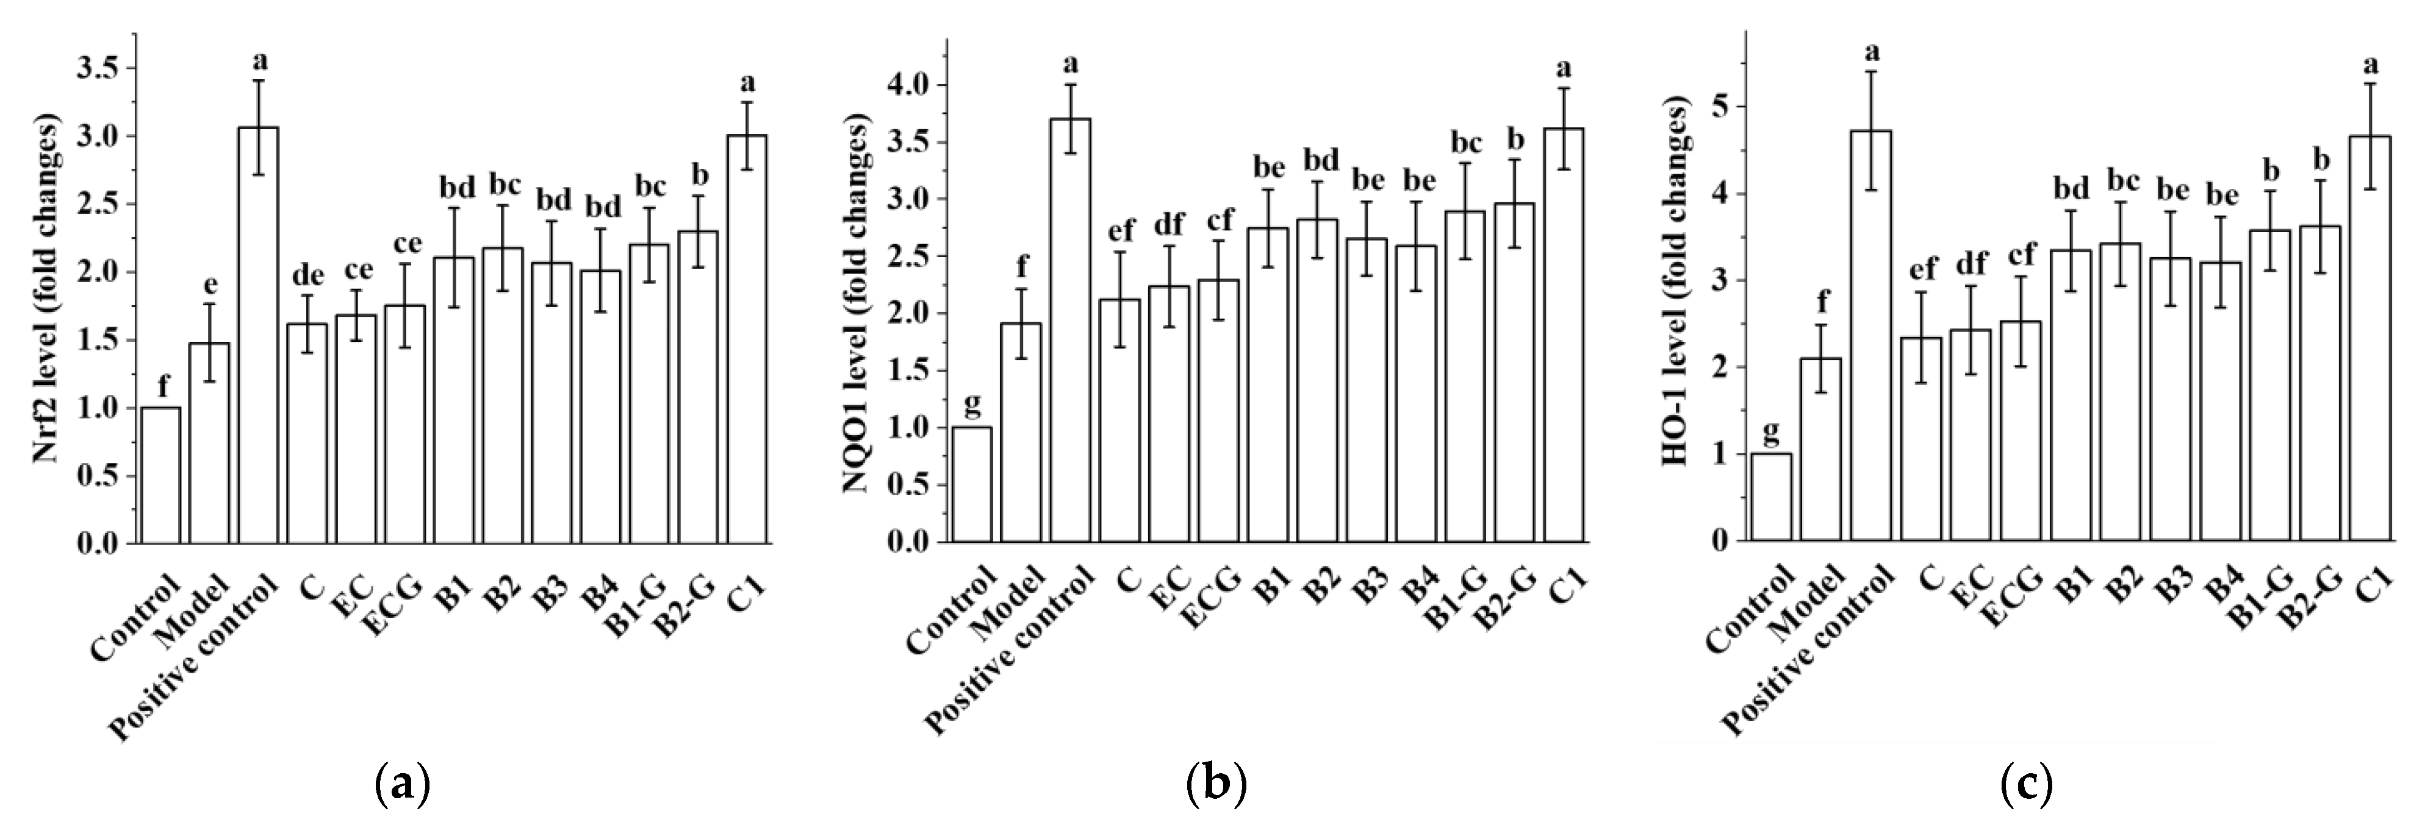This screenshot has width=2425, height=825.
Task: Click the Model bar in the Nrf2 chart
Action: point(209,442)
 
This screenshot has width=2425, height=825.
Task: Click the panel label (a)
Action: point(403,783)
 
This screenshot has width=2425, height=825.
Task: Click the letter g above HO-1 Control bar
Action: point(1771,432)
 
